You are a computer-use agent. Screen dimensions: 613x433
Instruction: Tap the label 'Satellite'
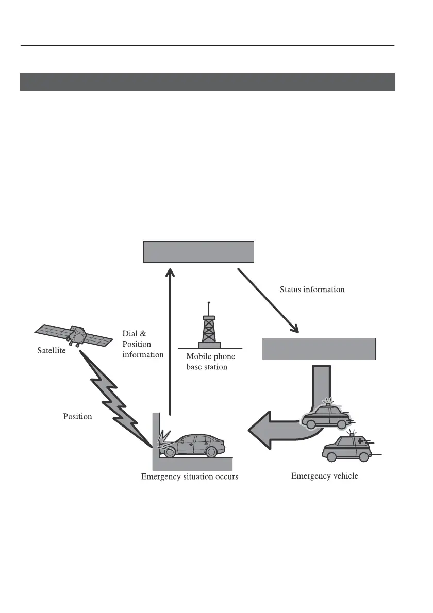click(52, 351)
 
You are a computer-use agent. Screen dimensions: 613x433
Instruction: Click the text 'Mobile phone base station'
click(210, 362)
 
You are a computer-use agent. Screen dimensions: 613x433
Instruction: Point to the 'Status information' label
click(312, 290)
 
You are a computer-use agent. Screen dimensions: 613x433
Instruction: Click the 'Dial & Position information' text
click(143, 344)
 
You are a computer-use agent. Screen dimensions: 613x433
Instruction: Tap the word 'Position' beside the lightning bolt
click(77, 416)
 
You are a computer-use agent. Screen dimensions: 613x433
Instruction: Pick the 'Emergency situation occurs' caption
click(190, 477)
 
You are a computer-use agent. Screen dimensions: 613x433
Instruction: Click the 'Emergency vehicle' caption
click(324, 476)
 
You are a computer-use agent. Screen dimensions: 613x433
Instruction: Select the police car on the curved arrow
click(325, 415)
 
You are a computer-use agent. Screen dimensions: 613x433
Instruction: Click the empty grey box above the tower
click(198, 252)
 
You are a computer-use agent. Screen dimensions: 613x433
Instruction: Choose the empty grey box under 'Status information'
click(319, 349)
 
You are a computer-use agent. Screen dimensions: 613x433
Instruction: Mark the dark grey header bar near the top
click(207, 82)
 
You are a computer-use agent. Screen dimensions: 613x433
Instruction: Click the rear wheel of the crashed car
click(211, 452)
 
